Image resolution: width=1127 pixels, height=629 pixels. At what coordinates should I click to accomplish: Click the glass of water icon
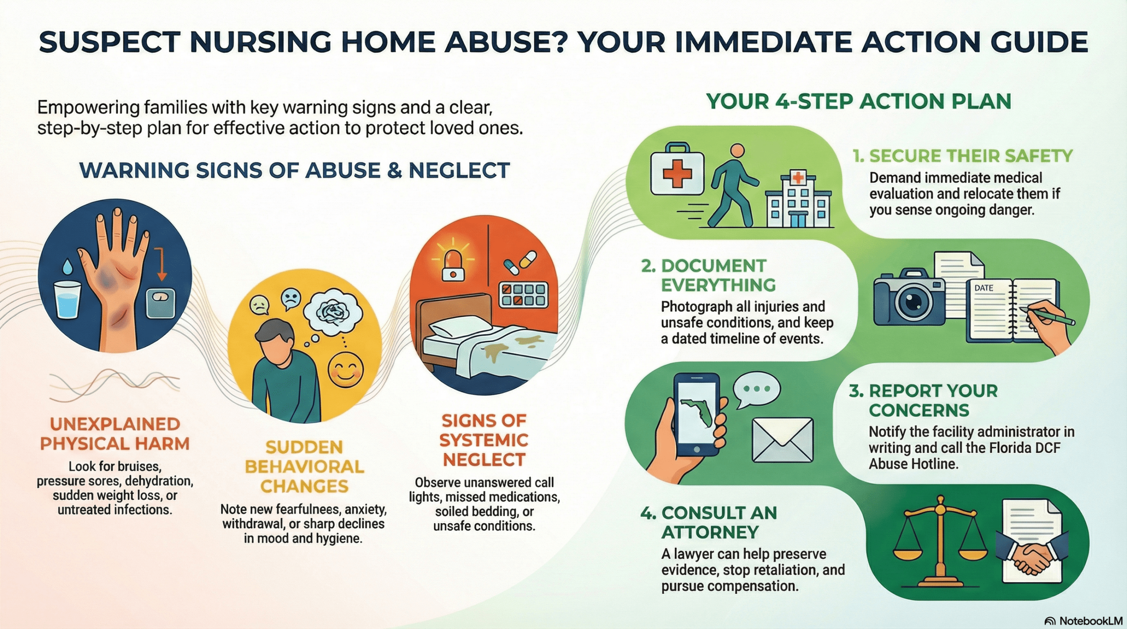click(x=67, y=299)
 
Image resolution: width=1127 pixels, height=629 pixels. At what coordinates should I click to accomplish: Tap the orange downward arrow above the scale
click(x=162, y=264)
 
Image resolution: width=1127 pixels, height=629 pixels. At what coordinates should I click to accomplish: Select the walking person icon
click(x=733, y=187)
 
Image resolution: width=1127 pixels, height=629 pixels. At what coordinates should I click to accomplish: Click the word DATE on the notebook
click(x=983, y=288)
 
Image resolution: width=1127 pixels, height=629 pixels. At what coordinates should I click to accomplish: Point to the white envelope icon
click(x=782, y=440)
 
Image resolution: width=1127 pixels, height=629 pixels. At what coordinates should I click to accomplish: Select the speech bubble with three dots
click(x=756, y=389)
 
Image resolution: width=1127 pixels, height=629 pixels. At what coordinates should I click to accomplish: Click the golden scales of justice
click(x=940, y=539)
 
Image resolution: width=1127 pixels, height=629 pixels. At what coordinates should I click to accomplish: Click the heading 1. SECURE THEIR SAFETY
click(x=962, y=156)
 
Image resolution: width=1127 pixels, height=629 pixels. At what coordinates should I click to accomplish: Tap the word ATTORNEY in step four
click(x=710, y=532)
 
